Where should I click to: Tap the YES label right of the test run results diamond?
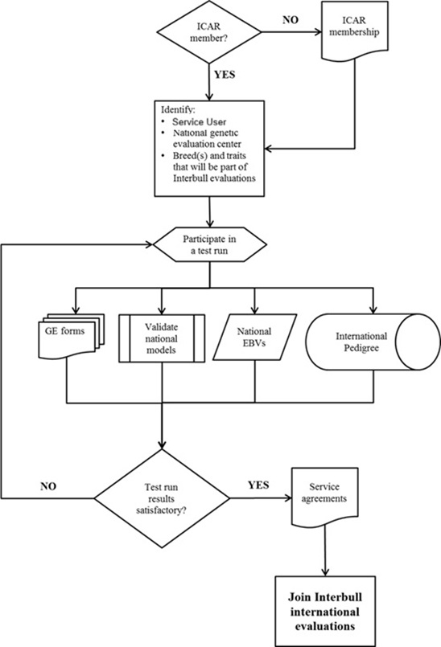pos(257,485)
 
